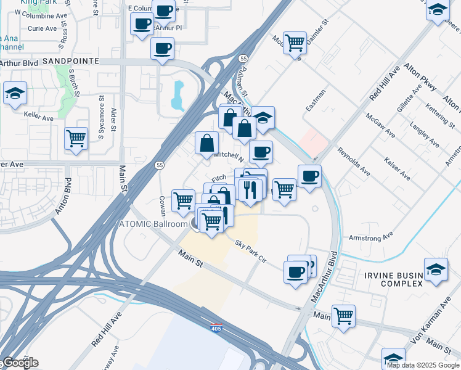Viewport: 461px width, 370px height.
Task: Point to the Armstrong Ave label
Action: coord(370,237)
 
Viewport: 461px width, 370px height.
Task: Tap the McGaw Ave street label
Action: coord(380,125)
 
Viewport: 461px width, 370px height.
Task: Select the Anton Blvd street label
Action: coord(63,196)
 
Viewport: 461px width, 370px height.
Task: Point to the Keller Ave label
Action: coord(36,115)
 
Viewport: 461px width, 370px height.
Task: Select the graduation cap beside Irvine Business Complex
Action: coord(436,270)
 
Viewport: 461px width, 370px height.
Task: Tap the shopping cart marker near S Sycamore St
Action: coord(76,139)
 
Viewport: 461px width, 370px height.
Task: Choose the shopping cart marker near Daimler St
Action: coord(295,42)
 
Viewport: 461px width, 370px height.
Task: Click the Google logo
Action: coord(20,363)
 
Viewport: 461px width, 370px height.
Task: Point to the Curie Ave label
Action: coord(43,28)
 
